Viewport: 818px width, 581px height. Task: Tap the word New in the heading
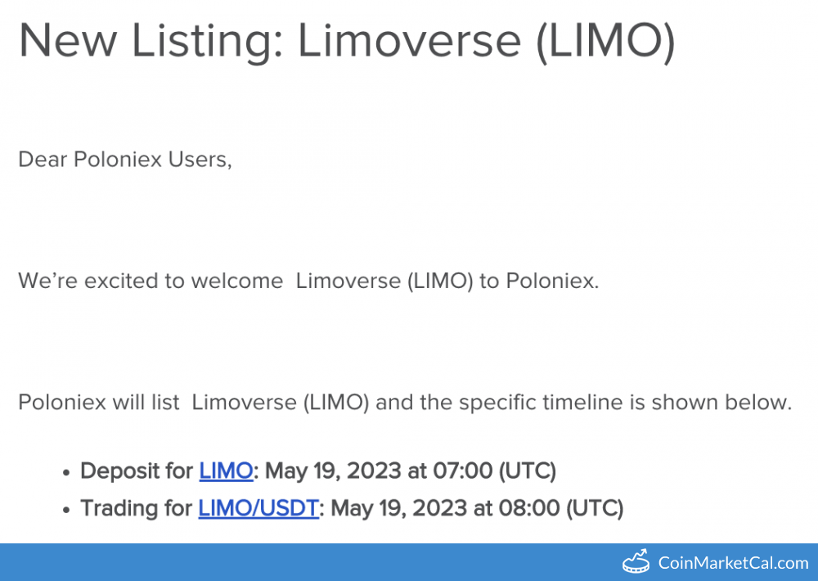point(68,41)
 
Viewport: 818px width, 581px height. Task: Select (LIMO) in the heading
point(605,42)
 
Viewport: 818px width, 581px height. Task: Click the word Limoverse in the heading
point(410,41)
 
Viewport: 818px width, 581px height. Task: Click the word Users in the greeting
point(200,160)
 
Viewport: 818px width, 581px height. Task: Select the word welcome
point(237,281)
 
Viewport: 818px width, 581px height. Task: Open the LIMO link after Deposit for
point(226,471)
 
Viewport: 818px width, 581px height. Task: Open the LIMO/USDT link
point(258,508)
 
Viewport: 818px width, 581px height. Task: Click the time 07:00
point(463,471)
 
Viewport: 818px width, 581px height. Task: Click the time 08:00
point(529,508)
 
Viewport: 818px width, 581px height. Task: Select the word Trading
point(120,509)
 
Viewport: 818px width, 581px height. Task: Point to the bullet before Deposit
point(65,473)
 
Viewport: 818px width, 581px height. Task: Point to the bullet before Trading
point(65,511)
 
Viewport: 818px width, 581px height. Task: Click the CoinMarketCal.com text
point(733,563)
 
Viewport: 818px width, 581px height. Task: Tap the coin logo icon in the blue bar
point(636,561)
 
